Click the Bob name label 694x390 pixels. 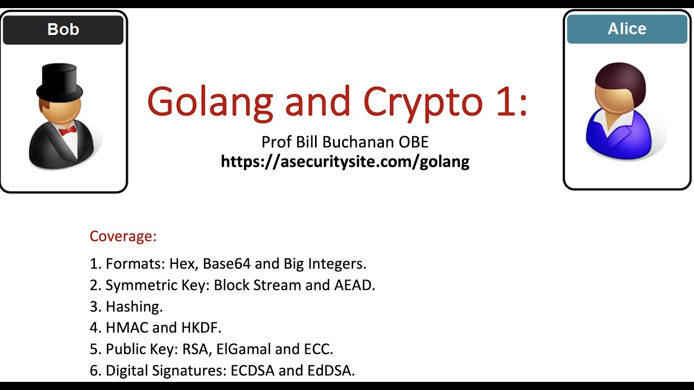click(63, 29)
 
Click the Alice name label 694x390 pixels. click(627, 29)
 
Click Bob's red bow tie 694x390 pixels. click(67, 131)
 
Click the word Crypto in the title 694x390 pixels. click(423, 101)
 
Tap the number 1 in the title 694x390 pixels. click(509, 101)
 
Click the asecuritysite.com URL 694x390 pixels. click(345, 161)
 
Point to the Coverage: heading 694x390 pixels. click(123, 236)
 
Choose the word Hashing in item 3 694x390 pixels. click(134, 306)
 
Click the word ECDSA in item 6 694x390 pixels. click(253, 370)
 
